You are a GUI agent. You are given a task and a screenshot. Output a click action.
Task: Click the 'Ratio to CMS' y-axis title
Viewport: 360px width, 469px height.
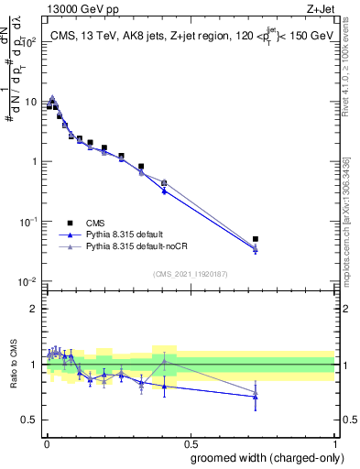click(13, 365)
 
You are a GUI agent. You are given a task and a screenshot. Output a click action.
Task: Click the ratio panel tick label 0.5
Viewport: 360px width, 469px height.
click(30, 420)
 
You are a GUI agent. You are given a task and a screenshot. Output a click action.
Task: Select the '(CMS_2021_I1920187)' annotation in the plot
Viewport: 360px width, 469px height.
click(190, 273)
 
